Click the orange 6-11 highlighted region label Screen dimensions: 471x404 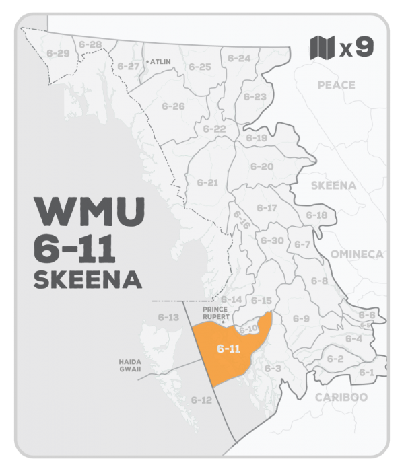tap(228, 349)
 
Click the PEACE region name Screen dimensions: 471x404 tap(335, 85)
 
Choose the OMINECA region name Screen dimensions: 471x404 tap(356, 254)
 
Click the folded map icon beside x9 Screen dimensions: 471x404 tap(321, 48)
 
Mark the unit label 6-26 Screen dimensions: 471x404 tap(173, 106)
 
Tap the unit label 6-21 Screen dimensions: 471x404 tap(207, 182)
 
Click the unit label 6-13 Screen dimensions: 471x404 tap(168, 317)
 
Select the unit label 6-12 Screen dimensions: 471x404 tap(201, 400)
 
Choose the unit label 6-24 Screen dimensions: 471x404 tap(238, 59)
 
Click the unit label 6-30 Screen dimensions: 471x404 tap(271, 240)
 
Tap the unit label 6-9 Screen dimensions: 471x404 tap(301, 318)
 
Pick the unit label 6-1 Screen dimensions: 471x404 tap(366, 372)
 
